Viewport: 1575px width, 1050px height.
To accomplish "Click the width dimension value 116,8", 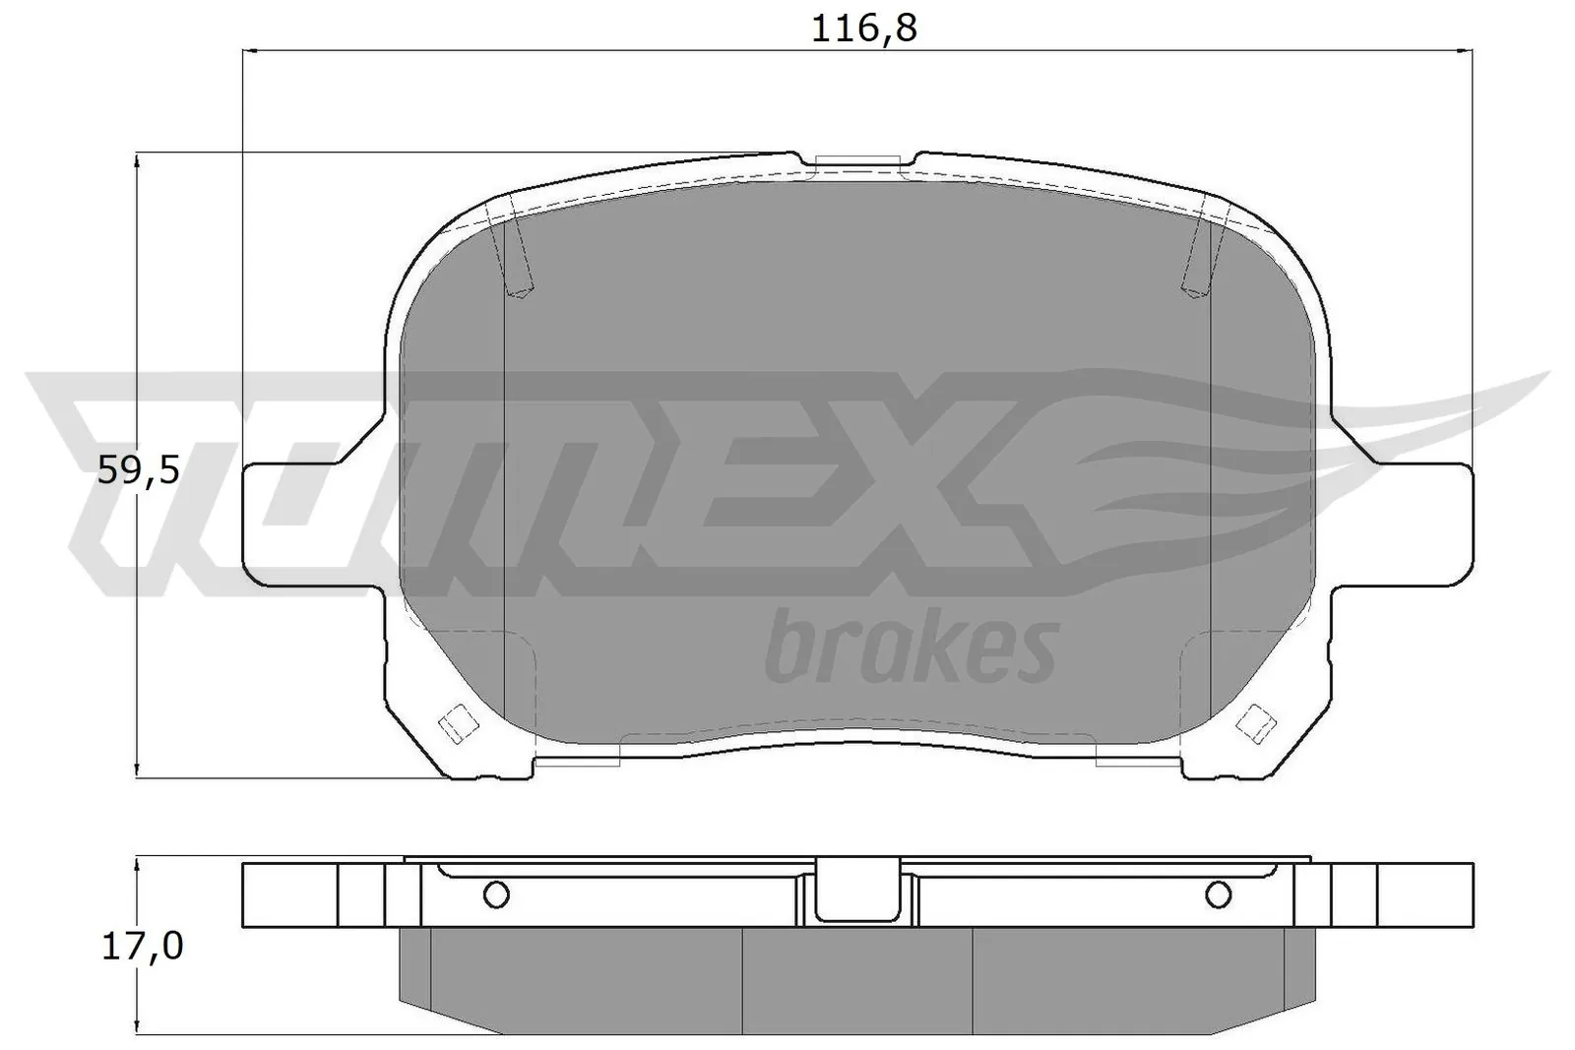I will (863, 29).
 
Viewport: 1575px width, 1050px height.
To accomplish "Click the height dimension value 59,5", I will (139, 471).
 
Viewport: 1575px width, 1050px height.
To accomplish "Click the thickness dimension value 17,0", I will (142, 947).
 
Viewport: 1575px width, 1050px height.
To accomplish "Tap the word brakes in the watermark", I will (911, 649).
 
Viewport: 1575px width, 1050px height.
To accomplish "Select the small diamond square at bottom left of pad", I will (456, 724).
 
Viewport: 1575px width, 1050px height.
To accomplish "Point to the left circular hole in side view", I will (497, 894).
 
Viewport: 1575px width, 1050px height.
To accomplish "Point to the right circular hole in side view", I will (1218, 894).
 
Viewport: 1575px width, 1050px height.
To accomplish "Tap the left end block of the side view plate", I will (289, 894).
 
